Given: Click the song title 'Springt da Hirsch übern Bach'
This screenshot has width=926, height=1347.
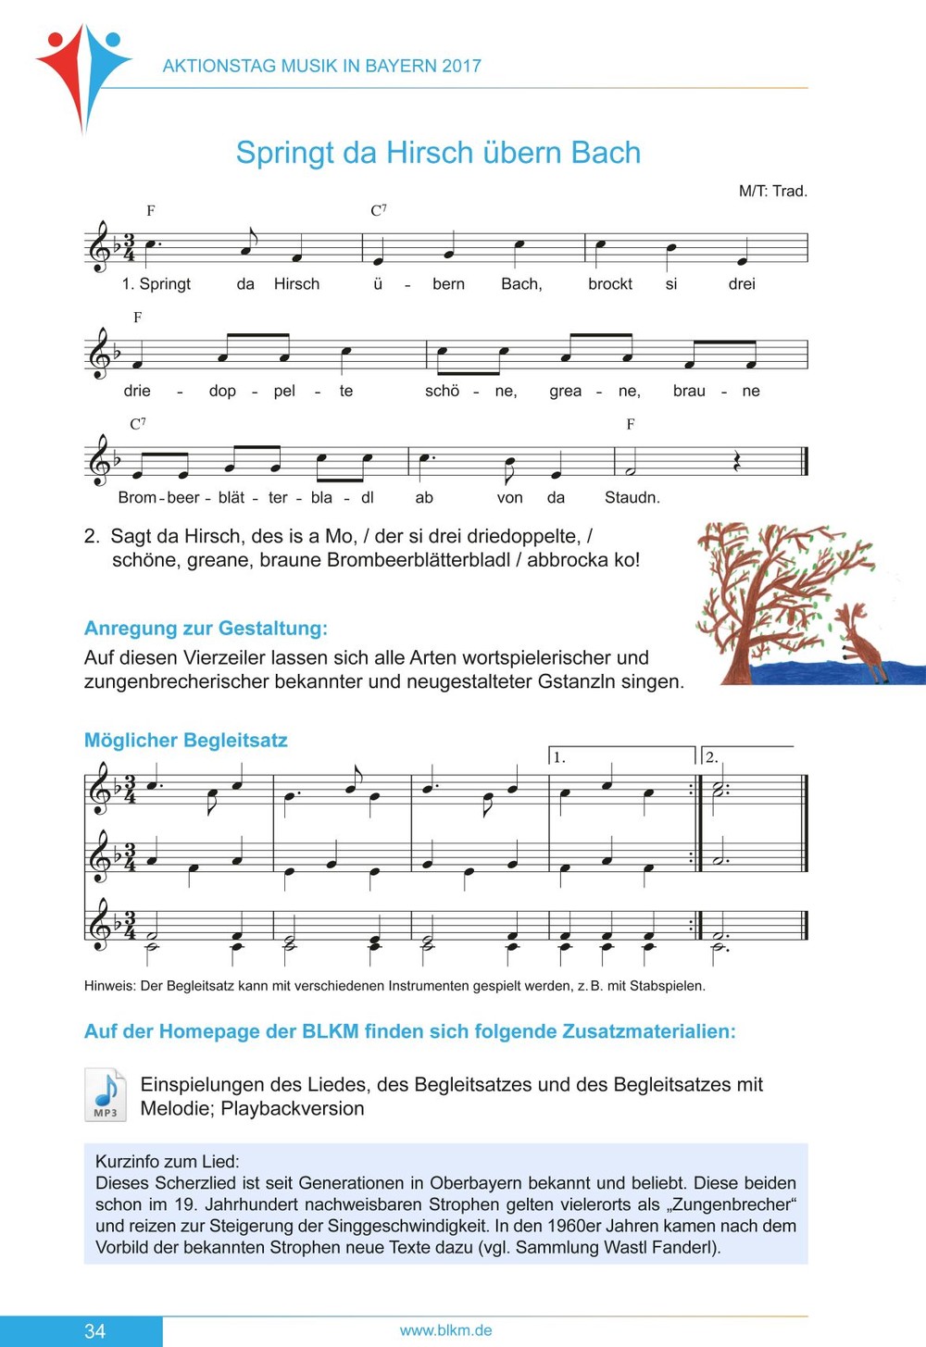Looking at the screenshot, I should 438,153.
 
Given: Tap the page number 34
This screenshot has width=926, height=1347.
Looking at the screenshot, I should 95,1331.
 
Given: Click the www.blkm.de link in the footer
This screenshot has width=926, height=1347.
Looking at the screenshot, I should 445,1330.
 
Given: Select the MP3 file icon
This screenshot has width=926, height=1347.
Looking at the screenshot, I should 106,1095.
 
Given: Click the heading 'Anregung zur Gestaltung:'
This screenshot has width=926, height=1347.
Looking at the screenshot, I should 206,629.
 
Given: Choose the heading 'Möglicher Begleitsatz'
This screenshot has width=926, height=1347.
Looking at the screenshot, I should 185,741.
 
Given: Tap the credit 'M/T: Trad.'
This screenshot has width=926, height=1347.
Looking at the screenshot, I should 772,192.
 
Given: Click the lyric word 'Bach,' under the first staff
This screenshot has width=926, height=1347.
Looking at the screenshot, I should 521,284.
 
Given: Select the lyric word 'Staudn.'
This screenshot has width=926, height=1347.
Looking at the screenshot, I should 632,498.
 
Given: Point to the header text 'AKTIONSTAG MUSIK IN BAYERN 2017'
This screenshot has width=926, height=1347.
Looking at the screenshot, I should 321,66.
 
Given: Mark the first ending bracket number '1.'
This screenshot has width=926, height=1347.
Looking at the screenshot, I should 559,757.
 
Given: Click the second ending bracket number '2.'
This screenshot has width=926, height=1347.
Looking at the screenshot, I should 711,757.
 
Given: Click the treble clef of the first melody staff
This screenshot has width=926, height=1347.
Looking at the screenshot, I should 98,247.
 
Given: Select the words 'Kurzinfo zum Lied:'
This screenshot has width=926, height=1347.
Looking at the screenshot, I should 167,1162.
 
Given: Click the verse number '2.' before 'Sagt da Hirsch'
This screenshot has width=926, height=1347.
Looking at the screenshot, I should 91,536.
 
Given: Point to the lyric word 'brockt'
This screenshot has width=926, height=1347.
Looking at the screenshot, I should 610,284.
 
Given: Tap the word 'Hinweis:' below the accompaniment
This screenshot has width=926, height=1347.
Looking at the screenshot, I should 110,986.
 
